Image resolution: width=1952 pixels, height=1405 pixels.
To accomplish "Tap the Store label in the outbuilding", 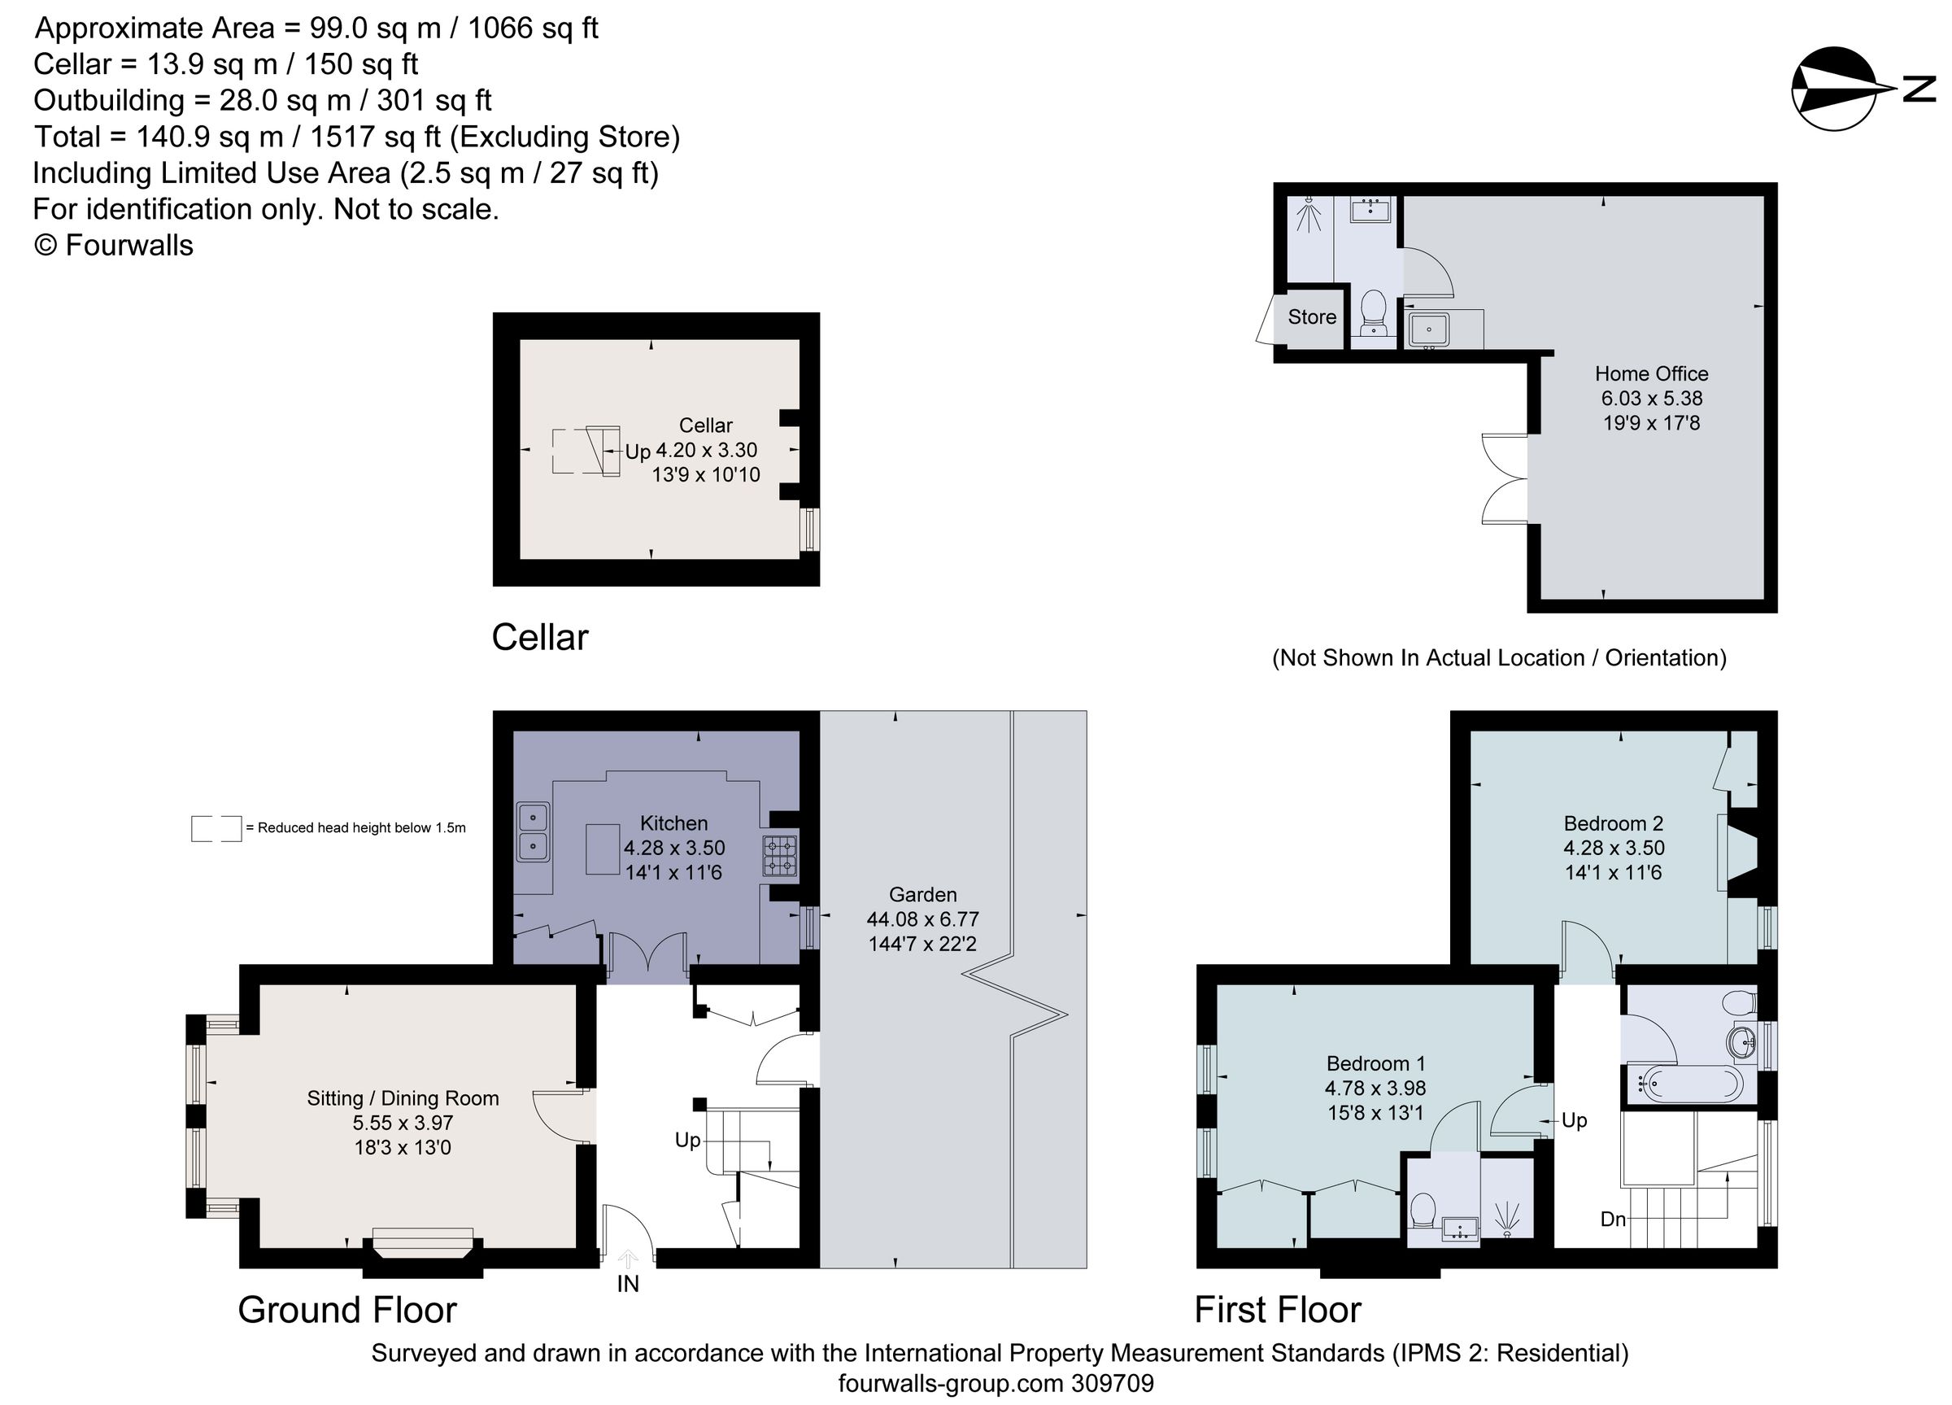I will point(1312,316).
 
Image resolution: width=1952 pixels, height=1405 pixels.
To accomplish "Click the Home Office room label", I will point(1651,373).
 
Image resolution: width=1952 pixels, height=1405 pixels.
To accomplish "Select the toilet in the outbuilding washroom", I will point(1374,312).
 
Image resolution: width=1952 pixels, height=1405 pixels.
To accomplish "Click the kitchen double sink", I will point(533,831).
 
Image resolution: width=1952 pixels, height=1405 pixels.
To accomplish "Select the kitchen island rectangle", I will point(603,849).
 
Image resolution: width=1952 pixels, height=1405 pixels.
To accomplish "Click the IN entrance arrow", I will point(628,1260).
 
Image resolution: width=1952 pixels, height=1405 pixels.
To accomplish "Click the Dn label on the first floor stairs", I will point(1613,1219).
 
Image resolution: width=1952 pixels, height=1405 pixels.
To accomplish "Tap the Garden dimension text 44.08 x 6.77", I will point(922,919).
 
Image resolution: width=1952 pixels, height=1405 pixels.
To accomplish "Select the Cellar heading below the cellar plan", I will point(539,638).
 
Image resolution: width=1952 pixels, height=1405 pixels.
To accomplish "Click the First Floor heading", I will point(1277,1310).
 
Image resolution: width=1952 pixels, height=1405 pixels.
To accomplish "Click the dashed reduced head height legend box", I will point(216,828).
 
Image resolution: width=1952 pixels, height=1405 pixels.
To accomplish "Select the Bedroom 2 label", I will point(1613,823).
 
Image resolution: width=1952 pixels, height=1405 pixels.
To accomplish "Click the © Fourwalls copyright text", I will point(114,246).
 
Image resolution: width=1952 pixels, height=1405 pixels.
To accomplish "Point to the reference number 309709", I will point(1112,1384).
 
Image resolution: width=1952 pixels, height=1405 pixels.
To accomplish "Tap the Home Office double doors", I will point(1506,479).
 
